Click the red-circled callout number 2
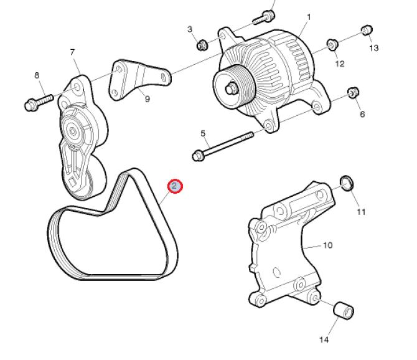tap(175, 186)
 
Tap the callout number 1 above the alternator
tap(309, 17)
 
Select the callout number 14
tap(324, 339)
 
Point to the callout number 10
tap(327, 245)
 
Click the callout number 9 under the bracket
tap(147, 99)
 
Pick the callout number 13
tap(373, 48)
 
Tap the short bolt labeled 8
tap(39, 103)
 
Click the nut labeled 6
tap(354, 92)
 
